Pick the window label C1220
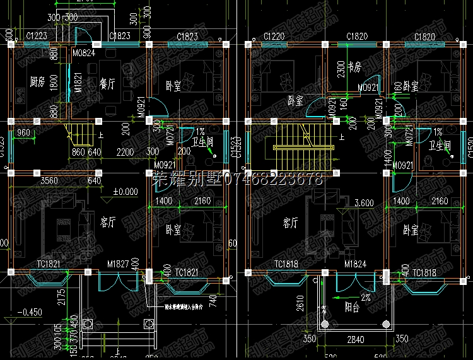pyautogui.click(x=274, y=37)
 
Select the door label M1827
pyautogui.click(x=117, y=264)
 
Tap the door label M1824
pyautogui.click(x=355, y=264)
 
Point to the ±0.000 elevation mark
pyautogui.click(x=126, y=191)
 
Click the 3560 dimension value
pyautogui.click(x=50, y=181)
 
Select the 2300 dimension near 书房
pyautogui.click(x=341, y=69)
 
